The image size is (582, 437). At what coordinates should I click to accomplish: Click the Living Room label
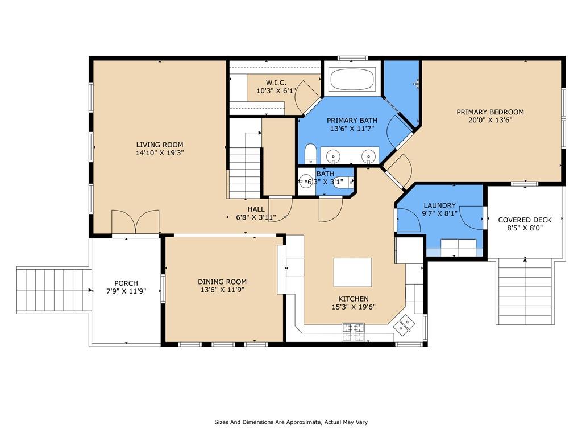(x=159, y=145)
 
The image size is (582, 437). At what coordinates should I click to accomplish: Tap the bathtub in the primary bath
(x=352, y=80)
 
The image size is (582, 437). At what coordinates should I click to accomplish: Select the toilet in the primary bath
(x=310, y=154)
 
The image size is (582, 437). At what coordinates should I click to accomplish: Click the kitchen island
(x=352, y=272)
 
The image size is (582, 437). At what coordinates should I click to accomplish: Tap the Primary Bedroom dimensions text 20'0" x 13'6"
(x=490, y=120)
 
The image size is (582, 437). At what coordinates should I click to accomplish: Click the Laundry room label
(x=439, y=205)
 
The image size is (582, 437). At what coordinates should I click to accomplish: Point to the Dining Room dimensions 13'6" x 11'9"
(x=222, y=290)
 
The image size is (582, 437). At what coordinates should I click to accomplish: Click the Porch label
(x=126, y=283)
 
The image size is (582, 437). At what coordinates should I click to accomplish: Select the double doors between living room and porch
(x=135, y=222)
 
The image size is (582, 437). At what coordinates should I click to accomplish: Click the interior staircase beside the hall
(x=244, y=165)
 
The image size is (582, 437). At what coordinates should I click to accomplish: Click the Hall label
(x=256, y=209)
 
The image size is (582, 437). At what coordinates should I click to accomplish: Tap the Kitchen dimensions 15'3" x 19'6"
(x=354, y=307)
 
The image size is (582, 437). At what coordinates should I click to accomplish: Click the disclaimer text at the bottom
(x=290, y=422)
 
